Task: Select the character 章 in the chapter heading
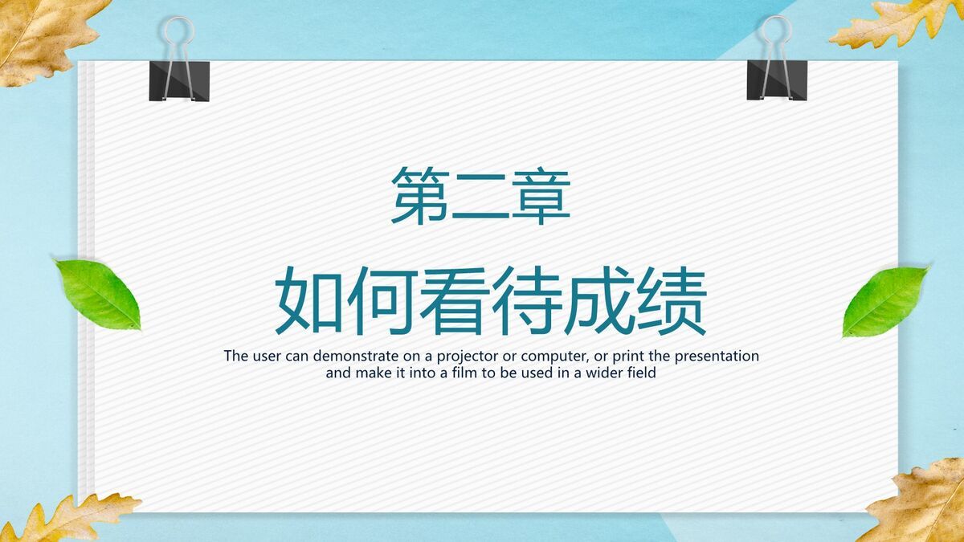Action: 541,196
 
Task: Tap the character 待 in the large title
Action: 527,300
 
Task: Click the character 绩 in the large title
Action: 672,300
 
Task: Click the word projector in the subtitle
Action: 465,357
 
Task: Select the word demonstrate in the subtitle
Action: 355,357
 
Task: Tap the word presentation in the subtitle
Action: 717,357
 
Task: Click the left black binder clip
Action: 179,81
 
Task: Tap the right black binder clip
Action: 777,80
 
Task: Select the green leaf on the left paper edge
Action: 98,294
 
